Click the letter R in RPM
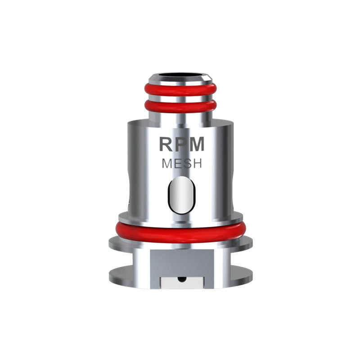coord(166,144)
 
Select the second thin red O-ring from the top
coord(180,106)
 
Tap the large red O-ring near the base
coord(180,230)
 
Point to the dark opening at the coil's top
coord(180,73)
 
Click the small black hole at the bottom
coord(181,279)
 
